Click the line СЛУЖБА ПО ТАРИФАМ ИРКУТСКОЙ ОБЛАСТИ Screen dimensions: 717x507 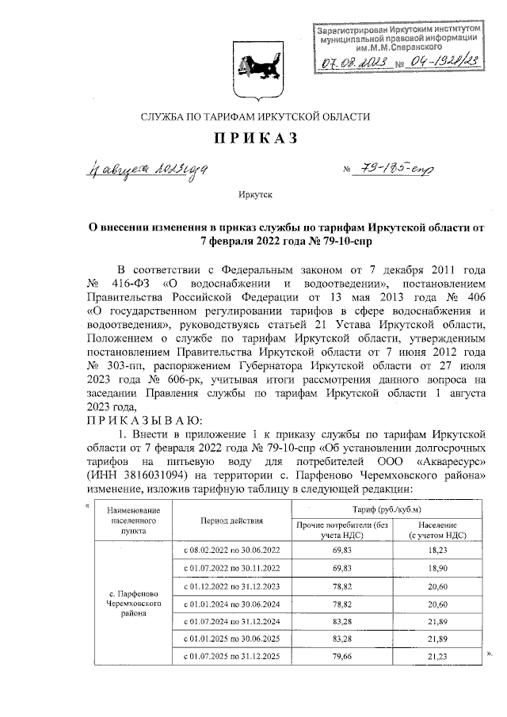point(254,116)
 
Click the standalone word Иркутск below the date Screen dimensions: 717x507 point(253,193)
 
